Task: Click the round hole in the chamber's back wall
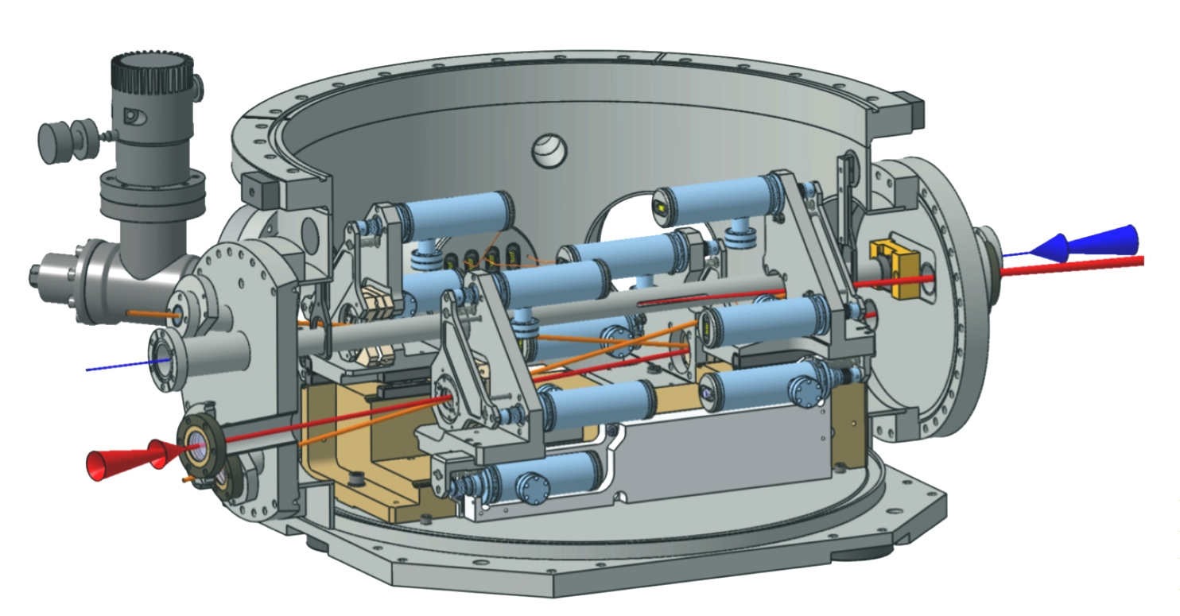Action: click(550, 149)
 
